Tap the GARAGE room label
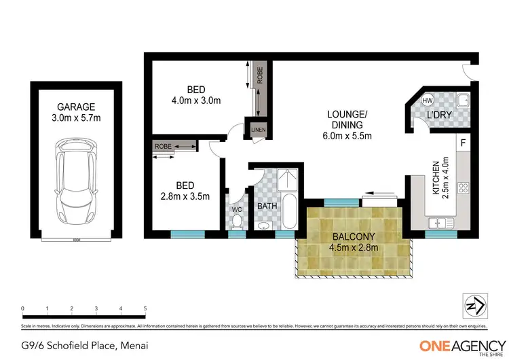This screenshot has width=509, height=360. pyautogui.click(x=76, y=107)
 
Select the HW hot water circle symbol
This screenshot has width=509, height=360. pyautogui.click(x=428, y=101)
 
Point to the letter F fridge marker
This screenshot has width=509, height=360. pyautogui.click(x=463, y=143)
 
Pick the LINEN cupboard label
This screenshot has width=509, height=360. pyautogui.click(x=259, y=130)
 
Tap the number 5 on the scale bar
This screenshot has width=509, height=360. pyautogui.click(x=145, y=308)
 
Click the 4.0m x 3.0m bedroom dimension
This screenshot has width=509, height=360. pyautogui.click(x=196, y=101)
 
